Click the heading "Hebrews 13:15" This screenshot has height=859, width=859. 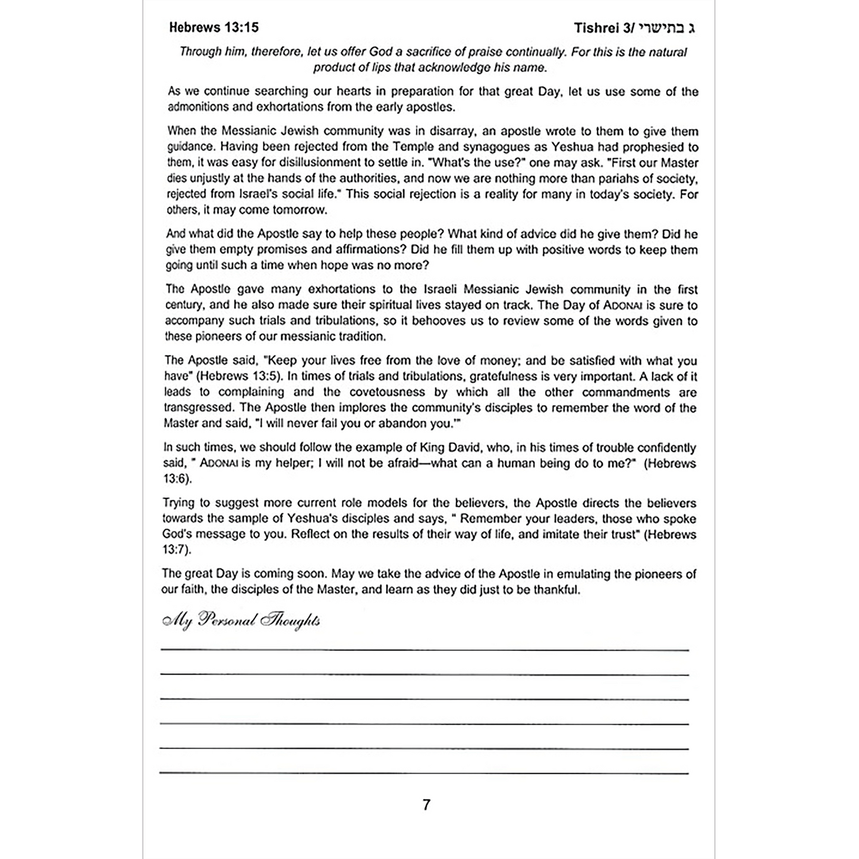pos(213,27)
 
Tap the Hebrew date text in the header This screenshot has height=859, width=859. pos(667,28)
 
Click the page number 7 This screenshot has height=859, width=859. pos(426,805)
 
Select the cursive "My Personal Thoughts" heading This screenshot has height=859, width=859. pos(241,620)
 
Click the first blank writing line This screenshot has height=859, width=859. pos(424,650)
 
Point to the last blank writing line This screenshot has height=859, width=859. pos(424,773)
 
